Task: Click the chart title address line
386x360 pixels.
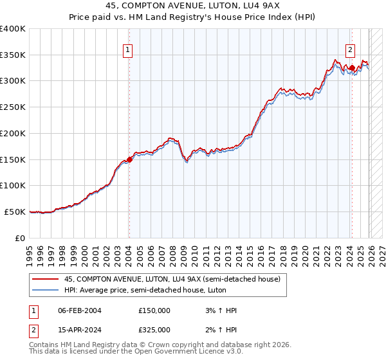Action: (192, 6)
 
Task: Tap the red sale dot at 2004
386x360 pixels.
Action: (129, 159)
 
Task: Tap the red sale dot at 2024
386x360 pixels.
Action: (353, 67)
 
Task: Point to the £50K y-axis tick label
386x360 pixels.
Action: (15, 212)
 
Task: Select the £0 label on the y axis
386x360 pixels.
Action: (19, 238)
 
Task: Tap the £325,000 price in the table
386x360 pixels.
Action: (154, 329)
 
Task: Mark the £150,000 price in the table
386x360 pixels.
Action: (154, 310)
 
